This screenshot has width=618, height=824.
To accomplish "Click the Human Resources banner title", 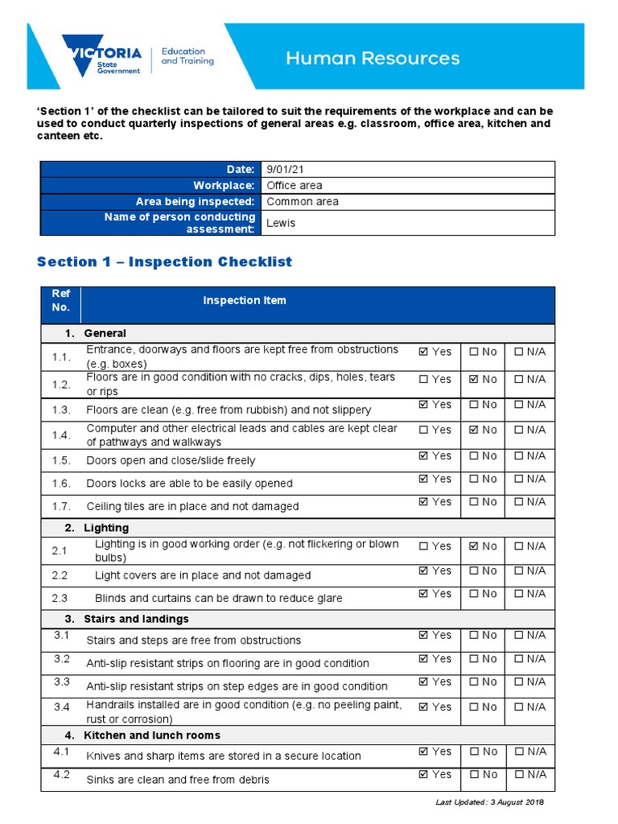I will [x=373, y=58].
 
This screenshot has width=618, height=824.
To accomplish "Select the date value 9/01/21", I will [x=285, y=169].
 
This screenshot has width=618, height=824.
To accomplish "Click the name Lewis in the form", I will [x=281, y=223].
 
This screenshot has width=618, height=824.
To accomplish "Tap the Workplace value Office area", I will [x=294, y=186].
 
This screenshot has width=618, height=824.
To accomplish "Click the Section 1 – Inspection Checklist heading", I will [x=164, y=262].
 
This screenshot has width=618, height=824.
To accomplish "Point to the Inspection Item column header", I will [x=244, y=300].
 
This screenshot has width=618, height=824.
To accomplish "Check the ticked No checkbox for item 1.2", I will [x=473, y=379].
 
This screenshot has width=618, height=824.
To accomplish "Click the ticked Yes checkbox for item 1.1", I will [x=424, y=352].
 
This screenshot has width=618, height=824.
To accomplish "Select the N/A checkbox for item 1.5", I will [x=519, y=456].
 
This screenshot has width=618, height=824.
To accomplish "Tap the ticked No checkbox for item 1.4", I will [x=473, y=431].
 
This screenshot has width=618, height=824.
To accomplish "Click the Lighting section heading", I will [x=106, y=528].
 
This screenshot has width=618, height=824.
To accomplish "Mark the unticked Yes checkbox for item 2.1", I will [x=424, y=546].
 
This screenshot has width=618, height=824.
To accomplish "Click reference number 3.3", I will [x=62, y=682].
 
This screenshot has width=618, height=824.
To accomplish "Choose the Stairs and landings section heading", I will [x=136, y=619].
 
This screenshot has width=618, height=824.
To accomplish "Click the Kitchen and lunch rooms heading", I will [x=151, y=735].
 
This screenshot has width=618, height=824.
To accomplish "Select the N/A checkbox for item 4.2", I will [x=519, y=775].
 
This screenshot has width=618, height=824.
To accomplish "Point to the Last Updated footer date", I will [x=489, y=803].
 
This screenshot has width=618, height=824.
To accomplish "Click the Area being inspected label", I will [x=195, y=202].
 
